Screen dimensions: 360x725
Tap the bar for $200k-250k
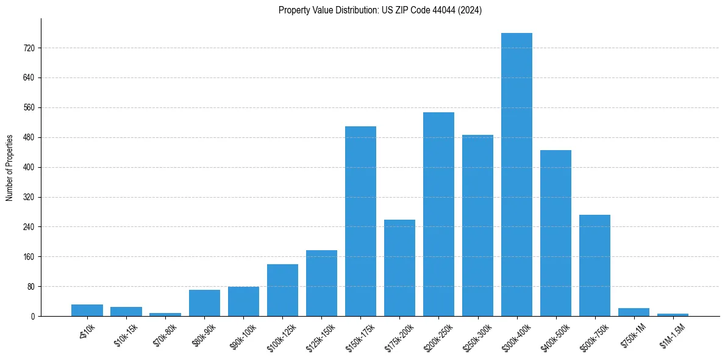point(438,214)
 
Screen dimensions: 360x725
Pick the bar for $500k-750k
point(595,265)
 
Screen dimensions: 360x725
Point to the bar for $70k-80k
point(165,314)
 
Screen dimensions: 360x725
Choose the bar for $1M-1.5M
point(673,315)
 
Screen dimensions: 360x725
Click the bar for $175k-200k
point(399,268)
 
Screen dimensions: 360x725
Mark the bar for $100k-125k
point(282,290)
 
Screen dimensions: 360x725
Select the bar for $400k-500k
point(555,233)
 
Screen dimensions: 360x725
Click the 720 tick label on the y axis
point(29,48)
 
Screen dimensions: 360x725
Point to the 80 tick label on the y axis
point(30,287)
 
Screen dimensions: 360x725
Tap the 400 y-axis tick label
point(29,167)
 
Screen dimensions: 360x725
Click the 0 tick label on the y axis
point(32,317)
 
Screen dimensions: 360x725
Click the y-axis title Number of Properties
point(10,168)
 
